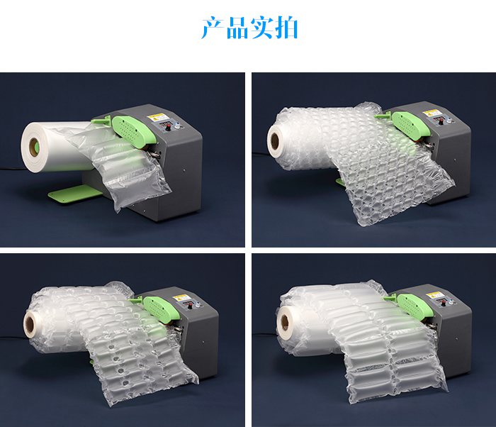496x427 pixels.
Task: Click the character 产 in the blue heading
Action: (x=213, y=28)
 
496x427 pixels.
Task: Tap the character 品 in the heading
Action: (x=237, y=28)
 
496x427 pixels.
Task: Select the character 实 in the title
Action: (x=261, y=28)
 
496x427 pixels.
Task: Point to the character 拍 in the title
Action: (x=286, y=28)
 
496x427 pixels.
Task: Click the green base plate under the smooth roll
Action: (x=74, y=192)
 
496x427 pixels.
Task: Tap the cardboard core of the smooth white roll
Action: (x=35, y=146)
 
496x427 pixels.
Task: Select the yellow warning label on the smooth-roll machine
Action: (x=156, y=118)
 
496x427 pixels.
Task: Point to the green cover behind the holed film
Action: (x=159, y=309)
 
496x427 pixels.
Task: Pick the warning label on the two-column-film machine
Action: (x=433, y=296)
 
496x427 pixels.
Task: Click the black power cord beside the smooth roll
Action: (x=9, y=169)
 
